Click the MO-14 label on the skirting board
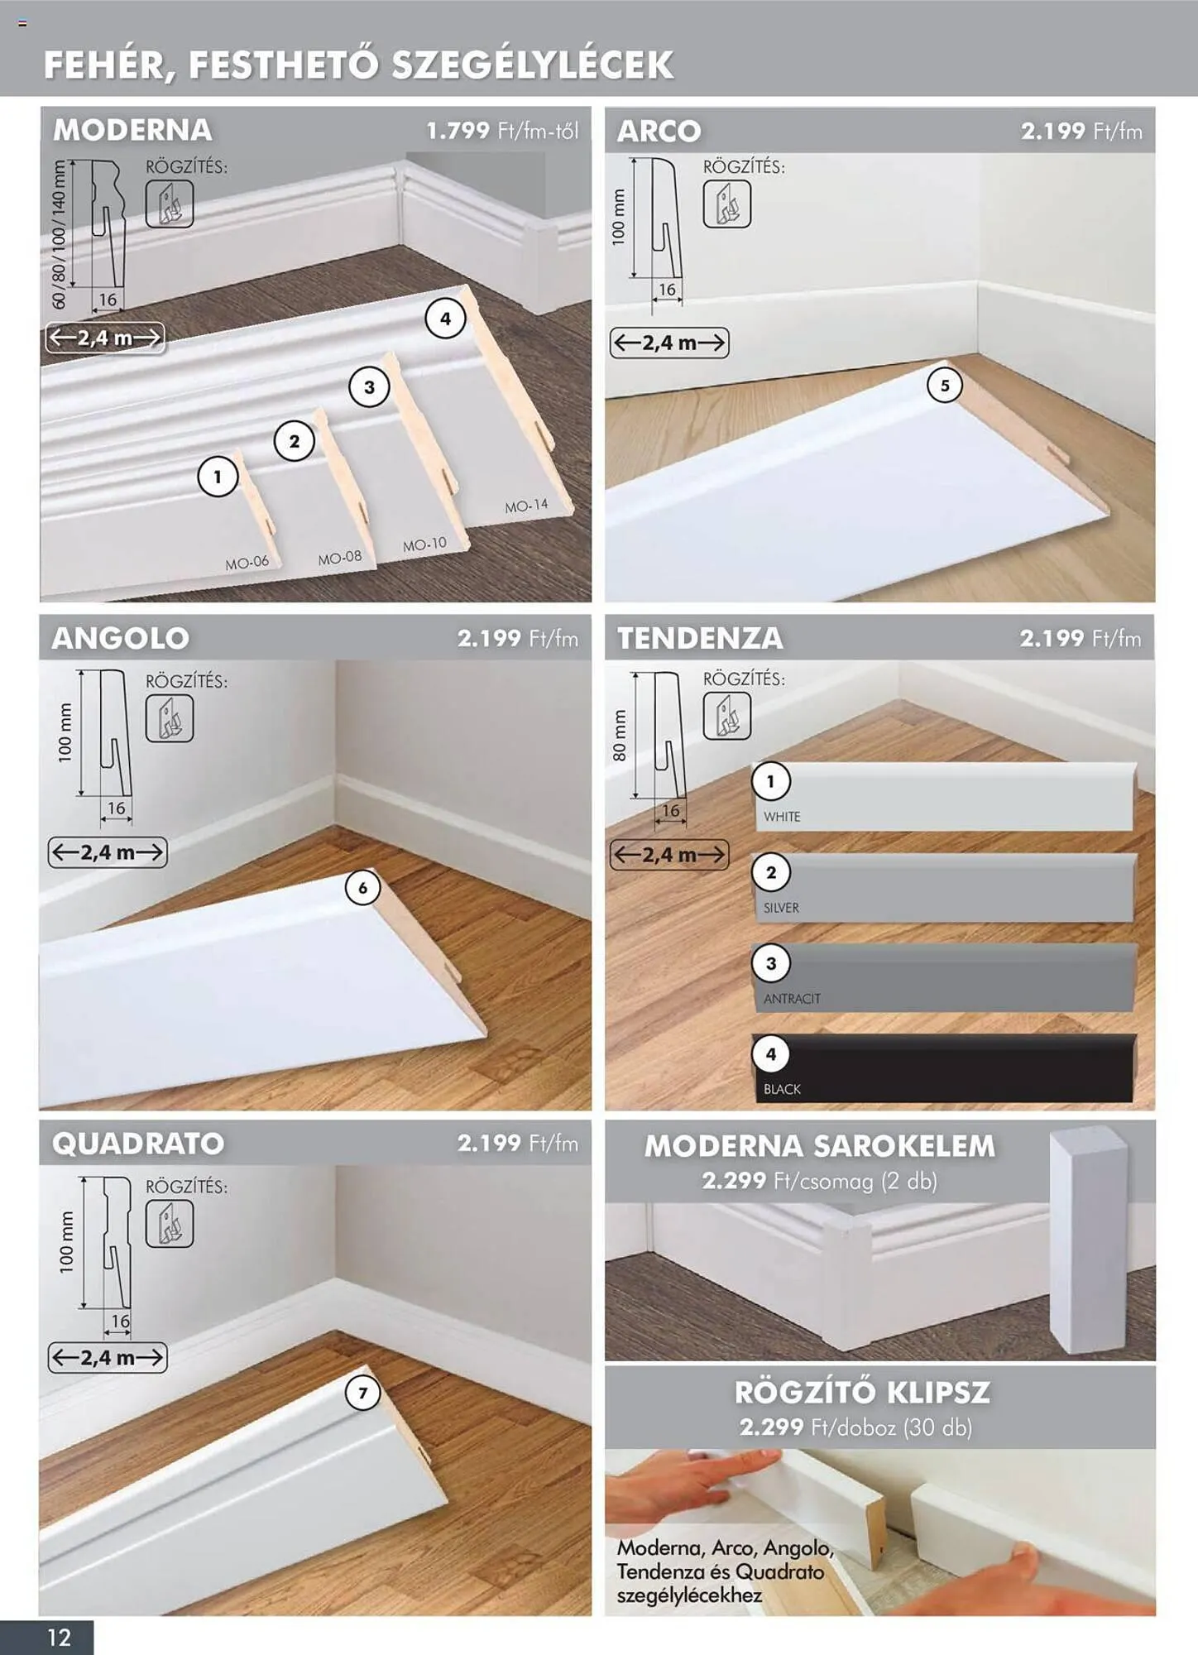(526, 506)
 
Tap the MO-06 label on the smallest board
(247, 563)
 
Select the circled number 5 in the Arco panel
(945, 386)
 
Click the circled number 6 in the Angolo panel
(362, 888)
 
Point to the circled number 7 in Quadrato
(362, 1394)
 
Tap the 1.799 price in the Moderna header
(458, 131)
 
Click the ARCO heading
(659, 131)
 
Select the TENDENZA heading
(700, 638)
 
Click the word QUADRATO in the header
(138, 1144)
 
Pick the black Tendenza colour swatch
(943, 1067)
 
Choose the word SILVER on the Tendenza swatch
(781, 908)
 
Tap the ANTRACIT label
(792, 999)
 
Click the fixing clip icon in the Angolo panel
(170, 718)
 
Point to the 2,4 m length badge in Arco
(669, 343)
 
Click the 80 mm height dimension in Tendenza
(620, 735)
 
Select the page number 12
(59, 1638)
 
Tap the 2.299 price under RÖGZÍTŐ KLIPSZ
(772, 1427)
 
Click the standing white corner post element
(1088, 1241)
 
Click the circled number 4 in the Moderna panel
(445, 319)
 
